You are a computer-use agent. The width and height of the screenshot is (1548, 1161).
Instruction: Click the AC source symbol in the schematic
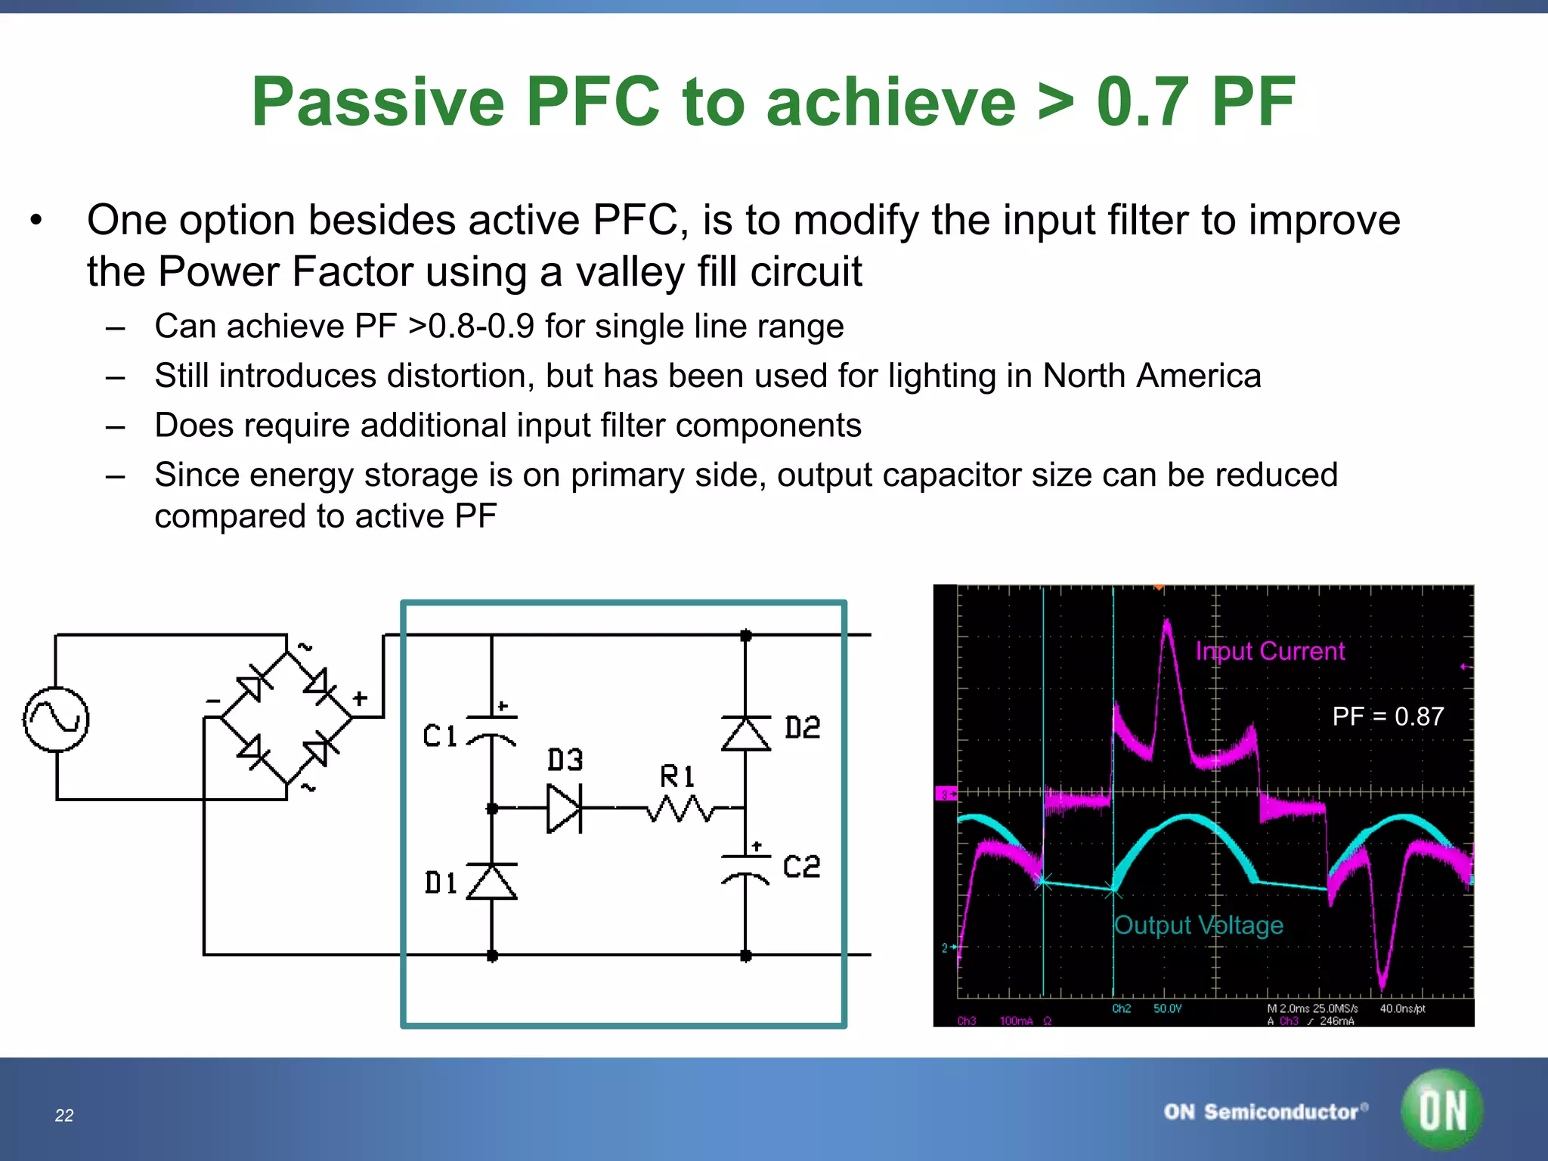pos(56,720)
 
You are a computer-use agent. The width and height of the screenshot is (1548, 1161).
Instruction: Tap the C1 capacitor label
pos(440,735)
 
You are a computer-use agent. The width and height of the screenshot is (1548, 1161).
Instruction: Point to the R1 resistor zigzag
pos(680,810)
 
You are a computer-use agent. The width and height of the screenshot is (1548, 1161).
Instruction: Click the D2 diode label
pos(803,728)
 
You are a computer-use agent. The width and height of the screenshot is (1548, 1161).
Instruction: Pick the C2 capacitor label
pos(801,866)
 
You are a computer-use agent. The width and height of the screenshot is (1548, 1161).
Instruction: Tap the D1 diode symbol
pos(492,881)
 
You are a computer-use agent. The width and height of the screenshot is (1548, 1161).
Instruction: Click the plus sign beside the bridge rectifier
pos(361,698)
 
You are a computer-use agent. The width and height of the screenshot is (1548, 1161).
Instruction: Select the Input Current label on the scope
pos(1270,651)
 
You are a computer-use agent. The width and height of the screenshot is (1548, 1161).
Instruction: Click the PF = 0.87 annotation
pos(1388,716)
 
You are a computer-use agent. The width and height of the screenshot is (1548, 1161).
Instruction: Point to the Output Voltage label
pos(1199,924)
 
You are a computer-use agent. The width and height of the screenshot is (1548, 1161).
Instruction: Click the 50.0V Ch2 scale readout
pos(1167,1008)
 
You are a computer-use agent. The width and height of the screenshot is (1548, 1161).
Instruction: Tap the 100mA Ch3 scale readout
pos(1016,1021)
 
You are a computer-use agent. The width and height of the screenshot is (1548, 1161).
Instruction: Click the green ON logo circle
pos(1442,1110)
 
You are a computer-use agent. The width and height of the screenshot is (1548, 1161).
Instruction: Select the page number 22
pos(64,1116)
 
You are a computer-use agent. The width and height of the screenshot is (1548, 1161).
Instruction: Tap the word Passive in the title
pos(378,102)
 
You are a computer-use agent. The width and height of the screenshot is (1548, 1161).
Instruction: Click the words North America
pos(1152,376)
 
